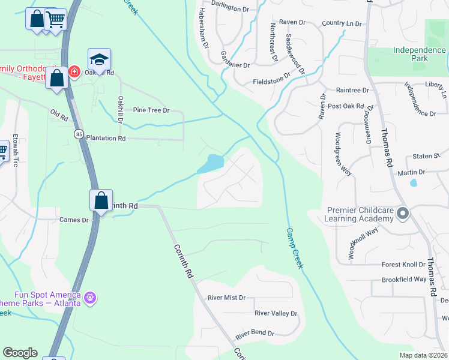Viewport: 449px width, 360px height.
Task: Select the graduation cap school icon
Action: pyautogui.click(x=99, y=59)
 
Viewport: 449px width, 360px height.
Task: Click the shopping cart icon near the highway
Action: pyautogui.click(x=55, y=20)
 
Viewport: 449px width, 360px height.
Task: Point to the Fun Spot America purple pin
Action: pyautogui.click(x=90, y=296)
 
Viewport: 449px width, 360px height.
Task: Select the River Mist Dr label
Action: pyautogui.click(x=226, y=298)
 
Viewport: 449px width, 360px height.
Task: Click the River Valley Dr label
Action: pyautogui.click(x=276, y=313)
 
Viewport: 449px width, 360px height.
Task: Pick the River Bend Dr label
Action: pyautogui.click(x=255, y=333)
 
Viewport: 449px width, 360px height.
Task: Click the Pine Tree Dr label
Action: pyautogui.click(x=151, y=110)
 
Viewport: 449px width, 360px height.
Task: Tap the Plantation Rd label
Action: pyautogui.click(x=106, y=138)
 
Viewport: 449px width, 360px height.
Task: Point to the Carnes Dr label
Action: pyautogui.click(x=74, y=220)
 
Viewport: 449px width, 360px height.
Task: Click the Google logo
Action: pyautogui.click(x=20, y=353)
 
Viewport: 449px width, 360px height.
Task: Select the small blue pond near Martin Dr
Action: pyautogui.click(x=413, y=183)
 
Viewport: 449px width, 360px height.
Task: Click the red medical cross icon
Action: pyautogui.click(x=74, y=72)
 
